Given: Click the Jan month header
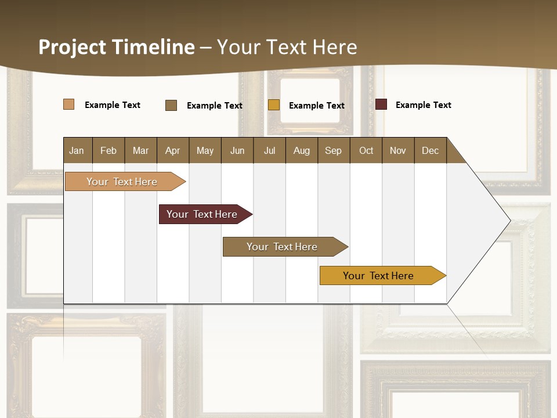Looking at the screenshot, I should (x=77, y=150).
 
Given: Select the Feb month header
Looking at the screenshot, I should (x=108, y=150).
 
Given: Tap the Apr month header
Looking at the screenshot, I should (x=173, y=150).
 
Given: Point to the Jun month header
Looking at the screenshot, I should (x=237, y=150).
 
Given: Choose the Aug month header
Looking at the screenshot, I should (x=301, y=150).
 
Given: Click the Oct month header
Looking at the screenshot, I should (x=366, y=150).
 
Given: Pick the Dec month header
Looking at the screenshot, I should (x=430, y=150).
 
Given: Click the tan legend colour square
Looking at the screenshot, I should (x=68, y=105).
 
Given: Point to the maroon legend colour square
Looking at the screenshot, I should (x=381, y=105).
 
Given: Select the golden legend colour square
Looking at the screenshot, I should (x=274, y=105).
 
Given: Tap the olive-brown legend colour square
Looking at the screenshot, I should (x=171, y=105).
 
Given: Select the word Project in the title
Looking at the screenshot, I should (x=73, y=47).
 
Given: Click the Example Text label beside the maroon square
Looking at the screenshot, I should (x=423, y=105).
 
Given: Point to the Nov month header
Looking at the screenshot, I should (x=397, y=150).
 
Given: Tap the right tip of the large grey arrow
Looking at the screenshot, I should (x=509, y=221).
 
